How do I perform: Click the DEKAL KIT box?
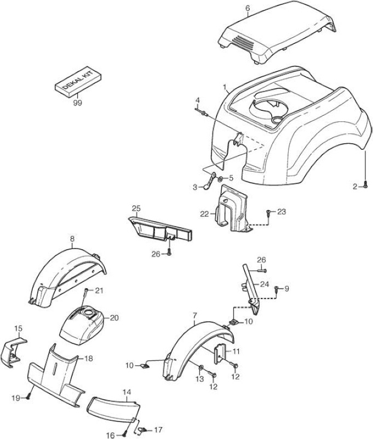tap(78, 81)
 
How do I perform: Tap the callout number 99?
tap(77, 103)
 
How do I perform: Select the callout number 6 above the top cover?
tap(248, 8)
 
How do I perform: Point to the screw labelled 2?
tap(365, 184)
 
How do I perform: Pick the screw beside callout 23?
tap(268, 213)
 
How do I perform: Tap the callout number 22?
tap(204, 214)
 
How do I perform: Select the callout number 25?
tap(136, 209)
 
